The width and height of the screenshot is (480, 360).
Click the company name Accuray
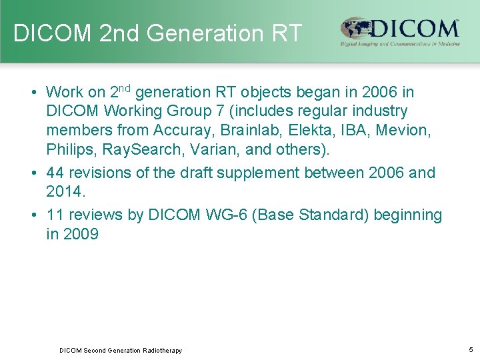[x=179, y=130]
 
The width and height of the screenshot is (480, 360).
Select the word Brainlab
[x=237, y=130]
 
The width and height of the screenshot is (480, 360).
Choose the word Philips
[x=69, y=147]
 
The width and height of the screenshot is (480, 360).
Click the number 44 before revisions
[x=56, y=173]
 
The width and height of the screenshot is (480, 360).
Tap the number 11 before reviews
[x=56, y=215]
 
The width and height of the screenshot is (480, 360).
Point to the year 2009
[x=81, y=235]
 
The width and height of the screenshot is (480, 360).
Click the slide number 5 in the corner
[x=471, y=349]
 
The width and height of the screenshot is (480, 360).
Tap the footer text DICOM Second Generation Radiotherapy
[x=121, y=350]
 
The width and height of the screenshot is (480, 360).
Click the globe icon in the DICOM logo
[x=353, y=29]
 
